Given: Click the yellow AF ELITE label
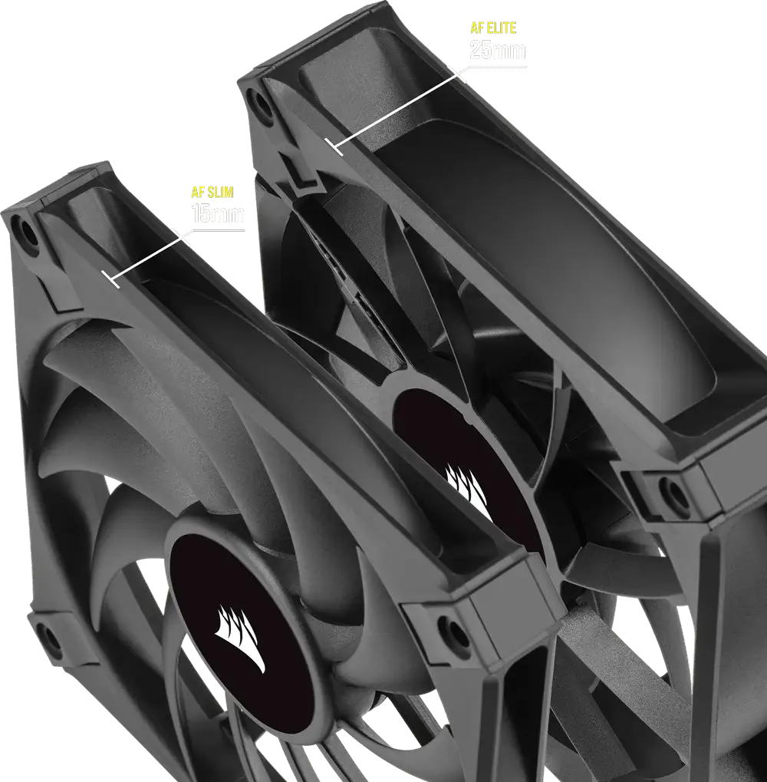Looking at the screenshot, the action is pos(493,28).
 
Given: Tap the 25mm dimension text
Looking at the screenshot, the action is pos(497,51).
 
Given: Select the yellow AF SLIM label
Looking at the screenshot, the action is pos(212,192).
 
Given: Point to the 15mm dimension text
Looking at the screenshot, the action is pos(218,213).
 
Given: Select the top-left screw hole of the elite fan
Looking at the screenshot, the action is pos(261,104).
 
